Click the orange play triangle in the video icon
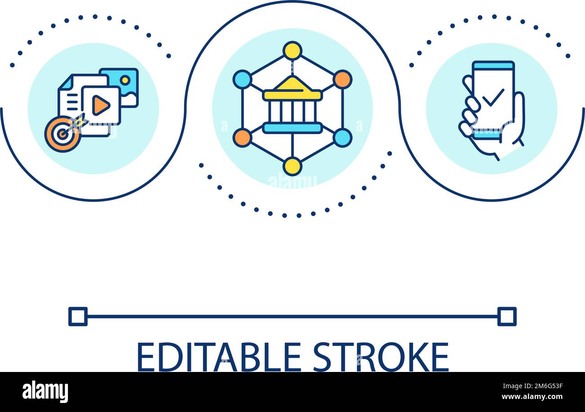pos(101,105)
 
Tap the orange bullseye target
pos(62,134)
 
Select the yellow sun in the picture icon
pos(126,80)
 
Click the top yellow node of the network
pos(292,51)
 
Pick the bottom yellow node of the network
pos(292,166)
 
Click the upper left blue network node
pos(243,80)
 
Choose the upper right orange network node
pos(342,80)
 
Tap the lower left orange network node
pos(243,138)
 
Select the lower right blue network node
pos(342,138)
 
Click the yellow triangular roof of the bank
pos(292,84)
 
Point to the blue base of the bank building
pos(292,128)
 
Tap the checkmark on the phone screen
pos(493,98)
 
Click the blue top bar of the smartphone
pos(493,66)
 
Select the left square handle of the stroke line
pos(78,317)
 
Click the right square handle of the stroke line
pos(507,317)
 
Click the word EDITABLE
pos(219,357)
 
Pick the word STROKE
pos(381,357)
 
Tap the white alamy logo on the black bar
pos(45,391)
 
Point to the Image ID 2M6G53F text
pos(533,386)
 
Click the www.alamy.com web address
pos(532,397)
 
